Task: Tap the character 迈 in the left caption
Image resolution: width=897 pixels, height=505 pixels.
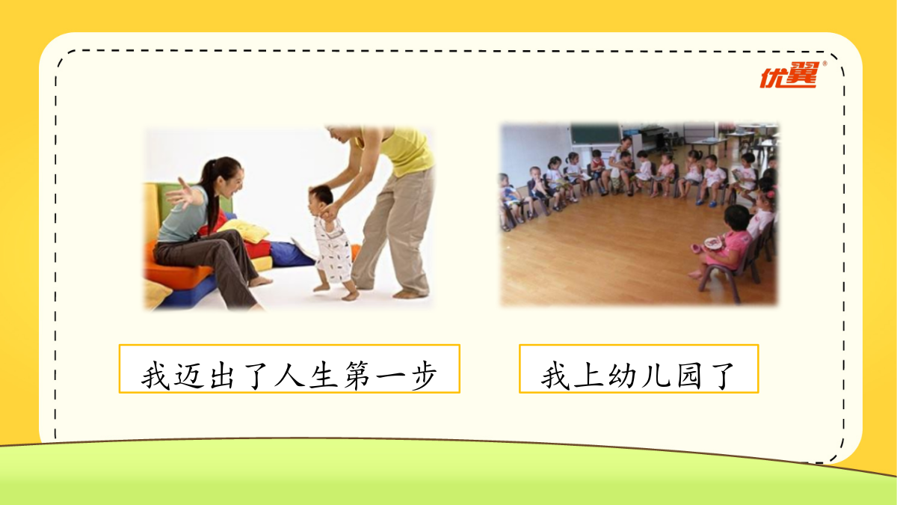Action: [x=189, y=375]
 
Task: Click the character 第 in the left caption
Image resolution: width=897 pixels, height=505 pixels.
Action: [x=357, y=375]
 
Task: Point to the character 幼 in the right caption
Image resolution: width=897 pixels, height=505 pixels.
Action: [x=621, y=376]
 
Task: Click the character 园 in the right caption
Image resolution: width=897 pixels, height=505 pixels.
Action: [x=689, y=376]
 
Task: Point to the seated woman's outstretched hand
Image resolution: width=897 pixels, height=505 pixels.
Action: [x=181, y=194]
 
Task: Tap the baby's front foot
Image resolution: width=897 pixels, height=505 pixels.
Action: [x=321, y=287]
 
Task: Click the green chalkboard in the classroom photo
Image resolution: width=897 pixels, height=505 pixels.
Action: [x=596, y=134]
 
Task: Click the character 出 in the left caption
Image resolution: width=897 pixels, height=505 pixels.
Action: [x=222, y=375]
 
